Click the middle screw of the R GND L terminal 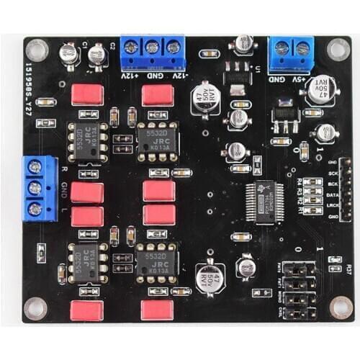point(34,189)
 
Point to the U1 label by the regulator point(256,68)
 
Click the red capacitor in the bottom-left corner point(86,310)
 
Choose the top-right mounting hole point(338,48)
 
